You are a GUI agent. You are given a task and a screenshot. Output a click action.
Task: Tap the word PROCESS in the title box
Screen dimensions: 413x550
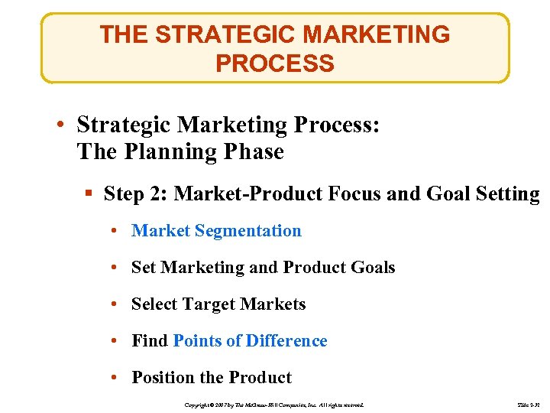(274, 63)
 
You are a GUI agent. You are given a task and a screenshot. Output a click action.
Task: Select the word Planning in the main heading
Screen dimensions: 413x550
(167, 151)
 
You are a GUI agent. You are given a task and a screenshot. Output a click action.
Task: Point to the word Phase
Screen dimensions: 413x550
(253, 151)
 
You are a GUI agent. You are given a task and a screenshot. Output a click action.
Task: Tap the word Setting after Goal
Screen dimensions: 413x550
(506, 193)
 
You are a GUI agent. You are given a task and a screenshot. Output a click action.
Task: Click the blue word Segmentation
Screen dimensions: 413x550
(248, 231)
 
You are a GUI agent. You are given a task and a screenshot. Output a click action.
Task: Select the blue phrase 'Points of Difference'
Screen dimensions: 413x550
(250, 341)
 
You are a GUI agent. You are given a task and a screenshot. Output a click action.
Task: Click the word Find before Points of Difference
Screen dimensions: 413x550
(150, 341)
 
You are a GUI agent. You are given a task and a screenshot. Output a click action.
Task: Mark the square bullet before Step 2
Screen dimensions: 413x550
(90, 194)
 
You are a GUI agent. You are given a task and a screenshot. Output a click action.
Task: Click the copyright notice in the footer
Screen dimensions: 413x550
(274, 404)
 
